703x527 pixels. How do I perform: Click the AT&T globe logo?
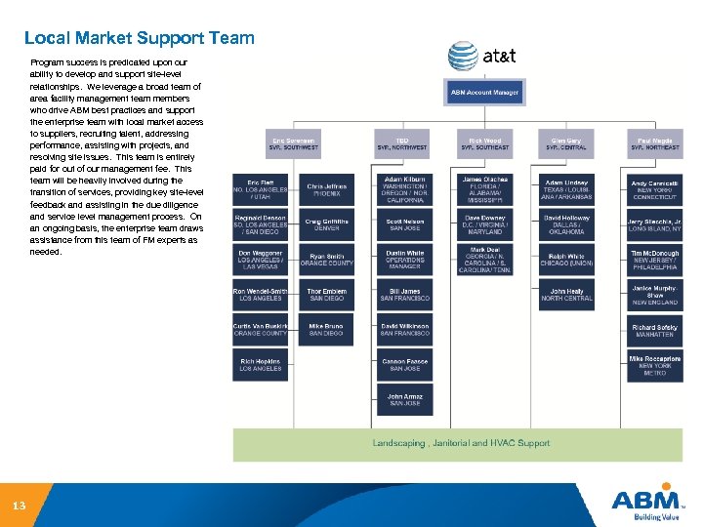(463, 56)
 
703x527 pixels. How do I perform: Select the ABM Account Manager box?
(483, 93)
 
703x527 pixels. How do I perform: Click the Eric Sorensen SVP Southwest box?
(294, 143)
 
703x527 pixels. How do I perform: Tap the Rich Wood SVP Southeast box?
(484, 143)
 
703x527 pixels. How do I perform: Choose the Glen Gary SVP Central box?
(566, 143)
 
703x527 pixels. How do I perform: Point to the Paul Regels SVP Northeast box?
(654, 143)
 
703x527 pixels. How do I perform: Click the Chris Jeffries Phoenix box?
(326, 189)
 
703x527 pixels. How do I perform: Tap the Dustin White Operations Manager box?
(404, 259)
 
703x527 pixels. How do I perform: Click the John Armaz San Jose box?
(404, 399)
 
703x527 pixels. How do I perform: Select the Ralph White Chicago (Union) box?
(566, 259)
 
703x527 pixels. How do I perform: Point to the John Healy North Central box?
(566, 295)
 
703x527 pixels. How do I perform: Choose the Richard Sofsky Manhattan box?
(654, 331)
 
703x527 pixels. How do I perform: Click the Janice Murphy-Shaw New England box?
(654, 295)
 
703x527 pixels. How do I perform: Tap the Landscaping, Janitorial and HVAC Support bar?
(461, 444)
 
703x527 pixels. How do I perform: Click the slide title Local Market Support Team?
(139, 39)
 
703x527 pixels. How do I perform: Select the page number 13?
(19, 507)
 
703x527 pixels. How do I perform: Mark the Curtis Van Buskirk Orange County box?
(260, 329)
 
